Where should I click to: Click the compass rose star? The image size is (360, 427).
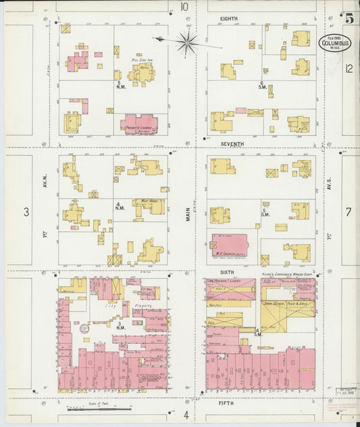pos(187,42)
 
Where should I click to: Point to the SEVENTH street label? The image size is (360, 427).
pos(232,144)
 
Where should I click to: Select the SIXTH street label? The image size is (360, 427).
pos(226,272)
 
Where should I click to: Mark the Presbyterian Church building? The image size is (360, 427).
pos(139,124)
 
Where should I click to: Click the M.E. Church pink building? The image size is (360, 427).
pos(229,245)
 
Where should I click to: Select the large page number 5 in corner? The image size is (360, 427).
pos(349,18)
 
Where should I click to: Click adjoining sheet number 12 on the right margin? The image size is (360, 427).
pos(348,68)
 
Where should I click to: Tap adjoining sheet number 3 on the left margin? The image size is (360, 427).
pos(26,212)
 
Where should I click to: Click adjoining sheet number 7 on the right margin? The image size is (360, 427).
pos(349,212)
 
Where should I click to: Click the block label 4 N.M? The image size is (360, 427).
pos(120,205)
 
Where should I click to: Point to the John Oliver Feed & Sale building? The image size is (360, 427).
pos(287,315)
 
